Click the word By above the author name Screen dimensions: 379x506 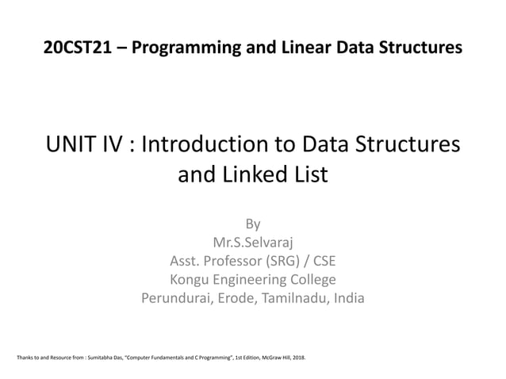tap(252, 223)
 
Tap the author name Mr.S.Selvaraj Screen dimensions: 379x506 tap(252, 242)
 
